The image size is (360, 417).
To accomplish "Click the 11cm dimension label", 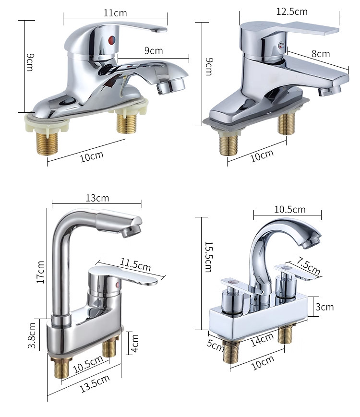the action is (115, 13).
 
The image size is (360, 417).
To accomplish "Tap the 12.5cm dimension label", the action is (292, 12).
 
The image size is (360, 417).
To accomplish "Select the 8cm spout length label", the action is (320, 53).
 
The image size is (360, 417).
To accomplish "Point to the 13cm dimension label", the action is (97, 198).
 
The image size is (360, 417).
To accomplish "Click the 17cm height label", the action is (40, 272).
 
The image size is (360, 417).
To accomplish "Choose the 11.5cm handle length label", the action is (135, 264).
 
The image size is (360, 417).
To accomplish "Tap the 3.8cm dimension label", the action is (32, 335).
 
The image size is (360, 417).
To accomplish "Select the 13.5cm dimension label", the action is (95, 383).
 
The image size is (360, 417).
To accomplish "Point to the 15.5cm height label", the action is (209, 257).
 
